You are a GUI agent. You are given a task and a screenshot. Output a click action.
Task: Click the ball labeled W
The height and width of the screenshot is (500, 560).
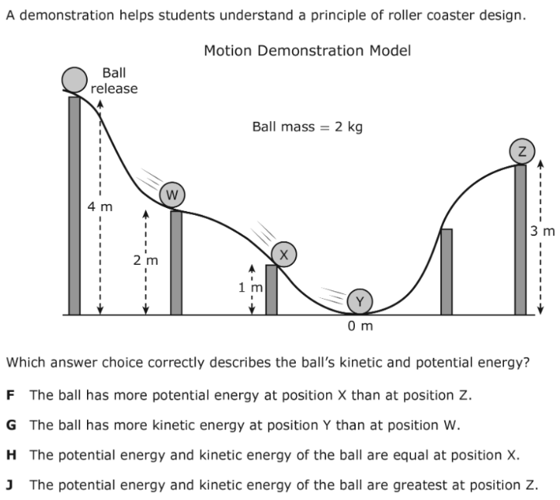pos(172,195)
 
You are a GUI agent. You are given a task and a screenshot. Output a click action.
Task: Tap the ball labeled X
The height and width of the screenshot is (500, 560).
pos(284,254)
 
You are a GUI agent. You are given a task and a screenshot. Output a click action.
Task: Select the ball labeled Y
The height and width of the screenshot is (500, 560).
pos(360,301)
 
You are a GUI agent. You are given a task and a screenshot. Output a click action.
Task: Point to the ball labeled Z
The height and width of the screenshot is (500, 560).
pos(522,151)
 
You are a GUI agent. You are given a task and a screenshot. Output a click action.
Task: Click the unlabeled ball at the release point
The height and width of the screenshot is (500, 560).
pos(75,80)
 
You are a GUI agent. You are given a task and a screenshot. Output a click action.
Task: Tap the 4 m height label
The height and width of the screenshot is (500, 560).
pos(100,207)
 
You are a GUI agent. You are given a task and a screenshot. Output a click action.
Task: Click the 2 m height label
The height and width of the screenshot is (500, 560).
pos(146,260)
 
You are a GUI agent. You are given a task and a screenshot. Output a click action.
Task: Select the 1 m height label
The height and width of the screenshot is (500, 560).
pos(250,287)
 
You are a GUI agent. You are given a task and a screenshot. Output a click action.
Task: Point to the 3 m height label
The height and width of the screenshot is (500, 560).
pos(542,231)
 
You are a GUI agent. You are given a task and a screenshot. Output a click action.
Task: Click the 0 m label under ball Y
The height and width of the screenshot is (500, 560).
pos(360,326)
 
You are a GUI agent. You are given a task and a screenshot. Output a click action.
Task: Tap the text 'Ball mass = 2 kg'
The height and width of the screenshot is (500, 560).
pos(307,127)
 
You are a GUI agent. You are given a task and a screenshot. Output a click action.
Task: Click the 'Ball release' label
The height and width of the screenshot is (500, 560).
pos(114,81)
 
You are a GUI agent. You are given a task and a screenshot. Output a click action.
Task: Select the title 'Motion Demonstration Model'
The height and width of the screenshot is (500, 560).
pos(307,50)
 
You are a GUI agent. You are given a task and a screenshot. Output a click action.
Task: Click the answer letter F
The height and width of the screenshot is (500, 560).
pos(10,395)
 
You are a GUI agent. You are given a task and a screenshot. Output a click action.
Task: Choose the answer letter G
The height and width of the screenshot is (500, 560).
pos(11,425)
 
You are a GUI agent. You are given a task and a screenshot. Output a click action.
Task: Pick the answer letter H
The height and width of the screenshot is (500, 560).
pos(11,455)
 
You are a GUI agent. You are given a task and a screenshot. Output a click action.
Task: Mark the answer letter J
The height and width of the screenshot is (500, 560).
pos(9,485)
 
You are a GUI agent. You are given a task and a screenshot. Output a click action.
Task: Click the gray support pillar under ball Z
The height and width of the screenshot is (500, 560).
pos(520,239)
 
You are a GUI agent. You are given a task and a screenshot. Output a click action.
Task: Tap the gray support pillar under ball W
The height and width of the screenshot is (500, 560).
pos(176,262)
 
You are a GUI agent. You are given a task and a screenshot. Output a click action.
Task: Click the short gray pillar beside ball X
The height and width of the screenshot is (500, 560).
pos(271,290)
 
